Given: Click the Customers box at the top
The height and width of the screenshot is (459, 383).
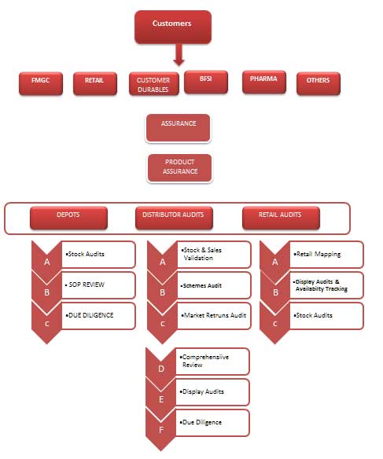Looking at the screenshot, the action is pos(173,27).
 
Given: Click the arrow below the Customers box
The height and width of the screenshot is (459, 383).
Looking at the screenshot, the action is pos(179,54).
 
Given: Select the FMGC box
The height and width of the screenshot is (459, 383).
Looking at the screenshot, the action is pos(41,83).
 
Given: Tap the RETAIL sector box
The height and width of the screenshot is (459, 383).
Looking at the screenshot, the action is pos(95,83).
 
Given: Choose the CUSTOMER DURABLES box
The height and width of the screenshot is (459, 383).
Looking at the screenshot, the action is pos(153,84).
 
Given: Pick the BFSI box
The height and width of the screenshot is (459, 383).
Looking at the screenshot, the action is pos(206,82).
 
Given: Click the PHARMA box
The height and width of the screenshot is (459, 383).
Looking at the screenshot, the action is pos(263,82).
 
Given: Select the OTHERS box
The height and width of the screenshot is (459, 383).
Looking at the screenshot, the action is pos(319,83).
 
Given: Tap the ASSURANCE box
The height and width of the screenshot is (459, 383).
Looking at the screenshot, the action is pos(178,128).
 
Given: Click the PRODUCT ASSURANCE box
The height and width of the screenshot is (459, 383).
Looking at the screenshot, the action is pos(179,168).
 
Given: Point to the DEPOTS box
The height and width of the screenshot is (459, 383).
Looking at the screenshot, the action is pos(68,218).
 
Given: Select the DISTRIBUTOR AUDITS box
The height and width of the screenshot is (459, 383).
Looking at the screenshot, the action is pos(174,218).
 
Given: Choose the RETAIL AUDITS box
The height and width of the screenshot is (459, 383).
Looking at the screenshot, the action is pos(281,218).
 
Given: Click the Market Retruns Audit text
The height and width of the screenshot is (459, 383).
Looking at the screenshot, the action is pos(214,315).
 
